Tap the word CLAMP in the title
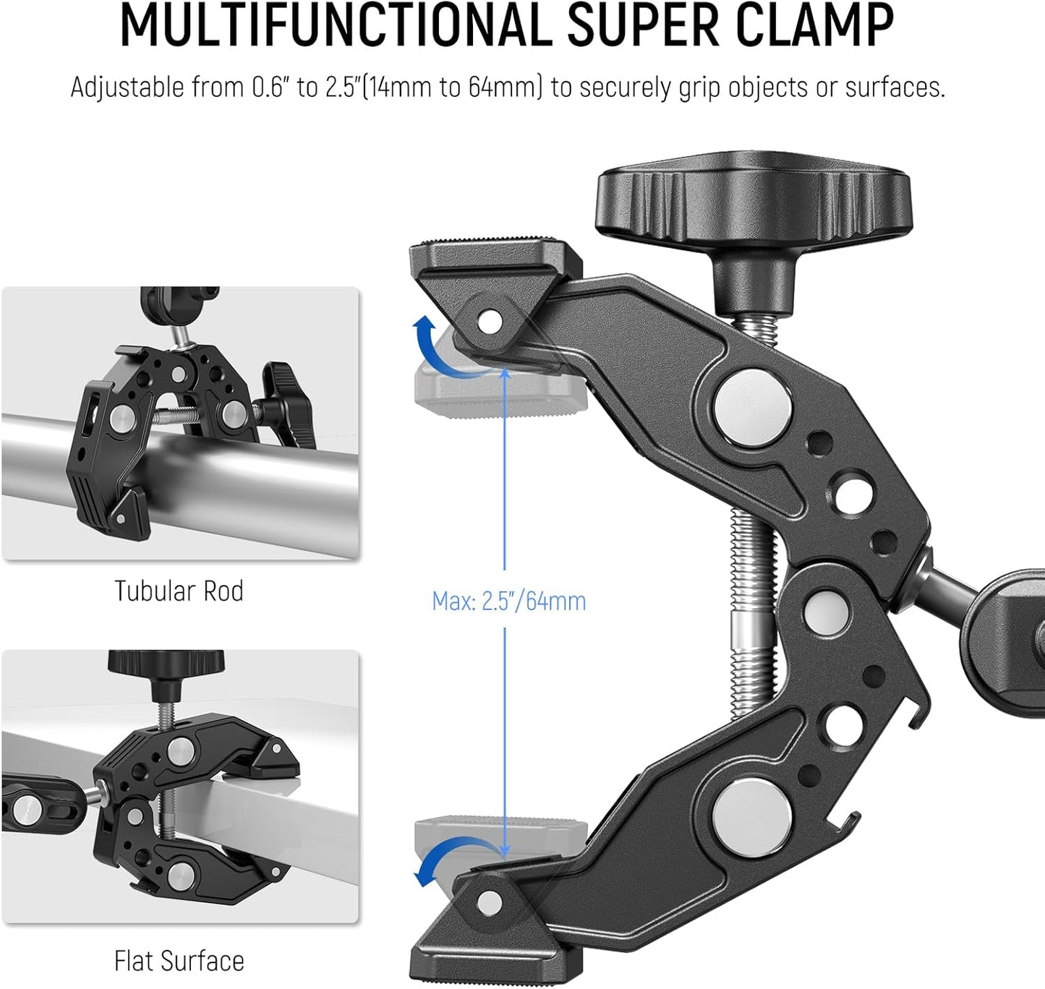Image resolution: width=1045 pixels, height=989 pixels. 803,26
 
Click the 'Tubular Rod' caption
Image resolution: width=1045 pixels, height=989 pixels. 179,591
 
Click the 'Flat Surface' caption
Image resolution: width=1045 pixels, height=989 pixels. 179,961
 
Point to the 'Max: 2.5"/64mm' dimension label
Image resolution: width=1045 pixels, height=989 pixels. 508,601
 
